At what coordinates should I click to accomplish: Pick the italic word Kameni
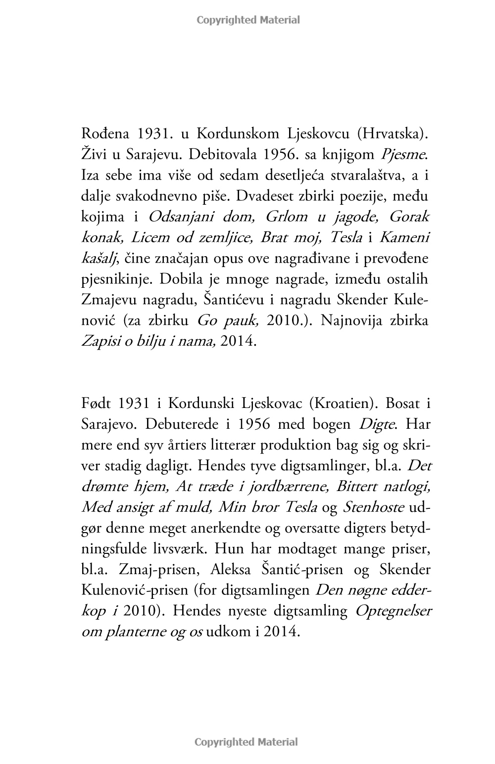pyautogui.click(x=404, y=238)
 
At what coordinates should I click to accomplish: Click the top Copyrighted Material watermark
pyautogui.click(x=248, y=20)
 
